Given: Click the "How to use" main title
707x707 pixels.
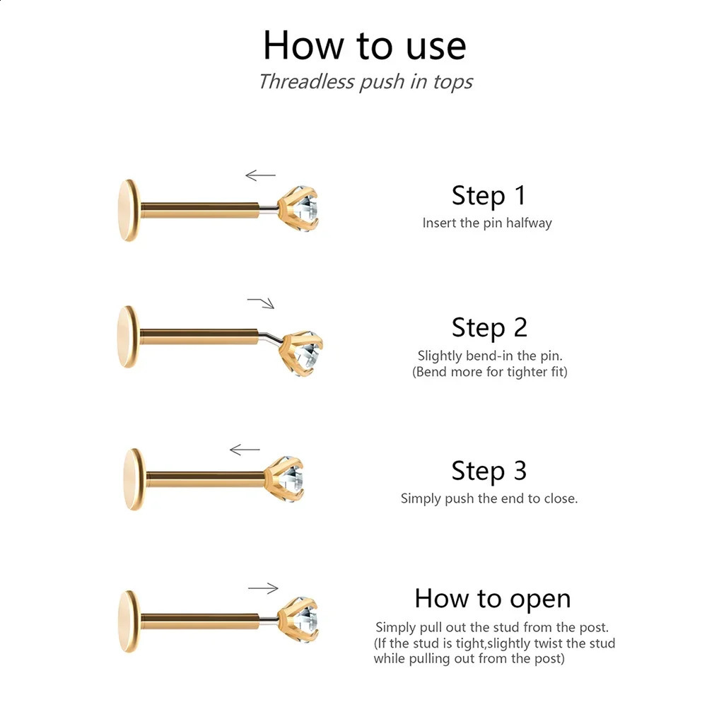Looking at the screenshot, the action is pyautogui.click(x=364, y=45).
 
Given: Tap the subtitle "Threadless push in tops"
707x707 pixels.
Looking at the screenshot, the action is pyautogui.click(x=366, y=82).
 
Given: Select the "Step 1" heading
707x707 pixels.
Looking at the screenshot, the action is pyautogui.click(x=489, y=196).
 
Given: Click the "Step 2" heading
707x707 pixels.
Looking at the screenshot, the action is pyautogui.click(x=489, y=327).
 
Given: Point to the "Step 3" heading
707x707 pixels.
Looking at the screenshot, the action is pyautogui.click(x=489, y=471).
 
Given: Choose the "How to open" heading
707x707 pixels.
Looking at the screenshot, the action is pyautogui.click(x=493, y=600).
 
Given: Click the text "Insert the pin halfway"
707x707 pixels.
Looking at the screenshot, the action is pyautogui.click(x=487, y=223).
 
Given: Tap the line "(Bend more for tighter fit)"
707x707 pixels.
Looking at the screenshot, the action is pyautogui.click(x=490, y=372).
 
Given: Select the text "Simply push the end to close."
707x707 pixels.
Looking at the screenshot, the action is pyautogui.click(x=489, y=498).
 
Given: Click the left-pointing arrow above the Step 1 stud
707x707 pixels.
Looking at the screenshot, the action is pyautogui.click(x=260, y=175).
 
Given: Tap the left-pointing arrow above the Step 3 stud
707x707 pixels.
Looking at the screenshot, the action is pyautogui.click(x=245, y=450).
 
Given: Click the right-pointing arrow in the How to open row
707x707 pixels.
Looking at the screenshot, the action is pyautogui.click(x=263, y=588).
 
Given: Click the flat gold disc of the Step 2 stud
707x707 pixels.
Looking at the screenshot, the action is pyautogui.click(x=127, y=337).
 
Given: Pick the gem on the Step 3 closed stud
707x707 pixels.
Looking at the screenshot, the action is pyautogui.click(x=291, y=479).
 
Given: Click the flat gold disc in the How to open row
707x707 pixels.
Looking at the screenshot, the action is pyautogui.click(x=129, y=621).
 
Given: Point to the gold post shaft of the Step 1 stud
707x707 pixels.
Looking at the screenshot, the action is pyautogui.click(x=200, y=210).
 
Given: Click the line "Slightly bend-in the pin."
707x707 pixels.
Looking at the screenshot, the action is pyautogui.click(x=490, y=356).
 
